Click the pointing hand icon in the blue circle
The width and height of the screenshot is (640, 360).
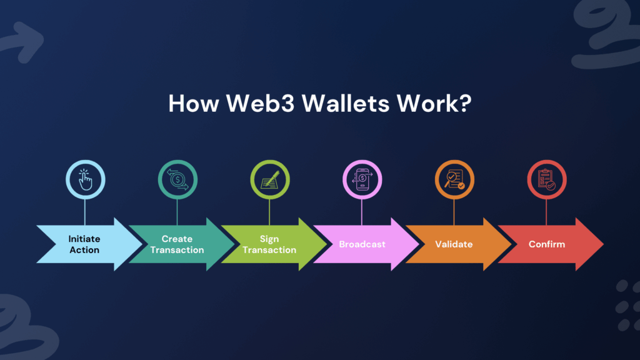click(x=85, y=179)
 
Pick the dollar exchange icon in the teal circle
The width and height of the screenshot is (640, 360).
click(x=177, y=179)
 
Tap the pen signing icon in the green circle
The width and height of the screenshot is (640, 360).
click(x=270, y=179)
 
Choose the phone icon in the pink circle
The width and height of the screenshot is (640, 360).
click(x=362, y=179)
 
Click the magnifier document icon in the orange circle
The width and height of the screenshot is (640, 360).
click(x=454, y=179)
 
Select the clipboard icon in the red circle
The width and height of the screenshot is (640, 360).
click(x=546, y=179)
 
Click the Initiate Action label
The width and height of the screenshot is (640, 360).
click(x=84, y=244)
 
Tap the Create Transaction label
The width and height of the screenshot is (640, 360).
click(x=177, y=244)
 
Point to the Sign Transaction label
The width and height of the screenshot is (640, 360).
click(x=269, y=244)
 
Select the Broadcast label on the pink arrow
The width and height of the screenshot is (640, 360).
click(x=362, y=244)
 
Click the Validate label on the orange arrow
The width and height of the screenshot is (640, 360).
click(x=454, y=244)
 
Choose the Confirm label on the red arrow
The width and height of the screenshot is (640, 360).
click(x=547, y=244)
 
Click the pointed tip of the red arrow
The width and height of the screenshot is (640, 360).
click(x=603, y=244)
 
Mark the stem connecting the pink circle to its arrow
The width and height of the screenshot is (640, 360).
click(x=362, y=212)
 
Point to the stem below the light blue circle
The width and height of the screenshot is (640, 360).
click(x=85, y=212)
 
